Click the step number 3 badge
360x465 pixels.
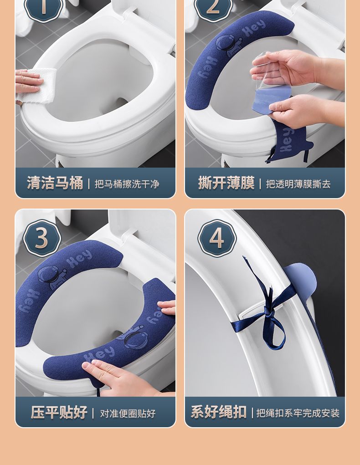coord(42,238)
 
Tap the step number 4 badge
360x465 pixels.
coord(216,238)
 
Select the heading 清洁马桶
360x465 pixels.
coord(55,183)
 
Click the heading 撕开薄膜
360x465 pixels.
coord(226,183)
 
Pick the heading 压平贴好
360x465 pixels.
coord(59,412)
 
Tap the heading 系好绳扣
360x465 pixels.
coord(219,412)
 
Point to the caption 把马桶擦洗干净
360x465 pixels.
coord(127,184)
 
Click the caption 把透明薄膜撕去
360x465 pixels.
coord(298,184)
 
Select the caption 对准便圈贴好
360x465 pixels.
coord(128,414)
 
